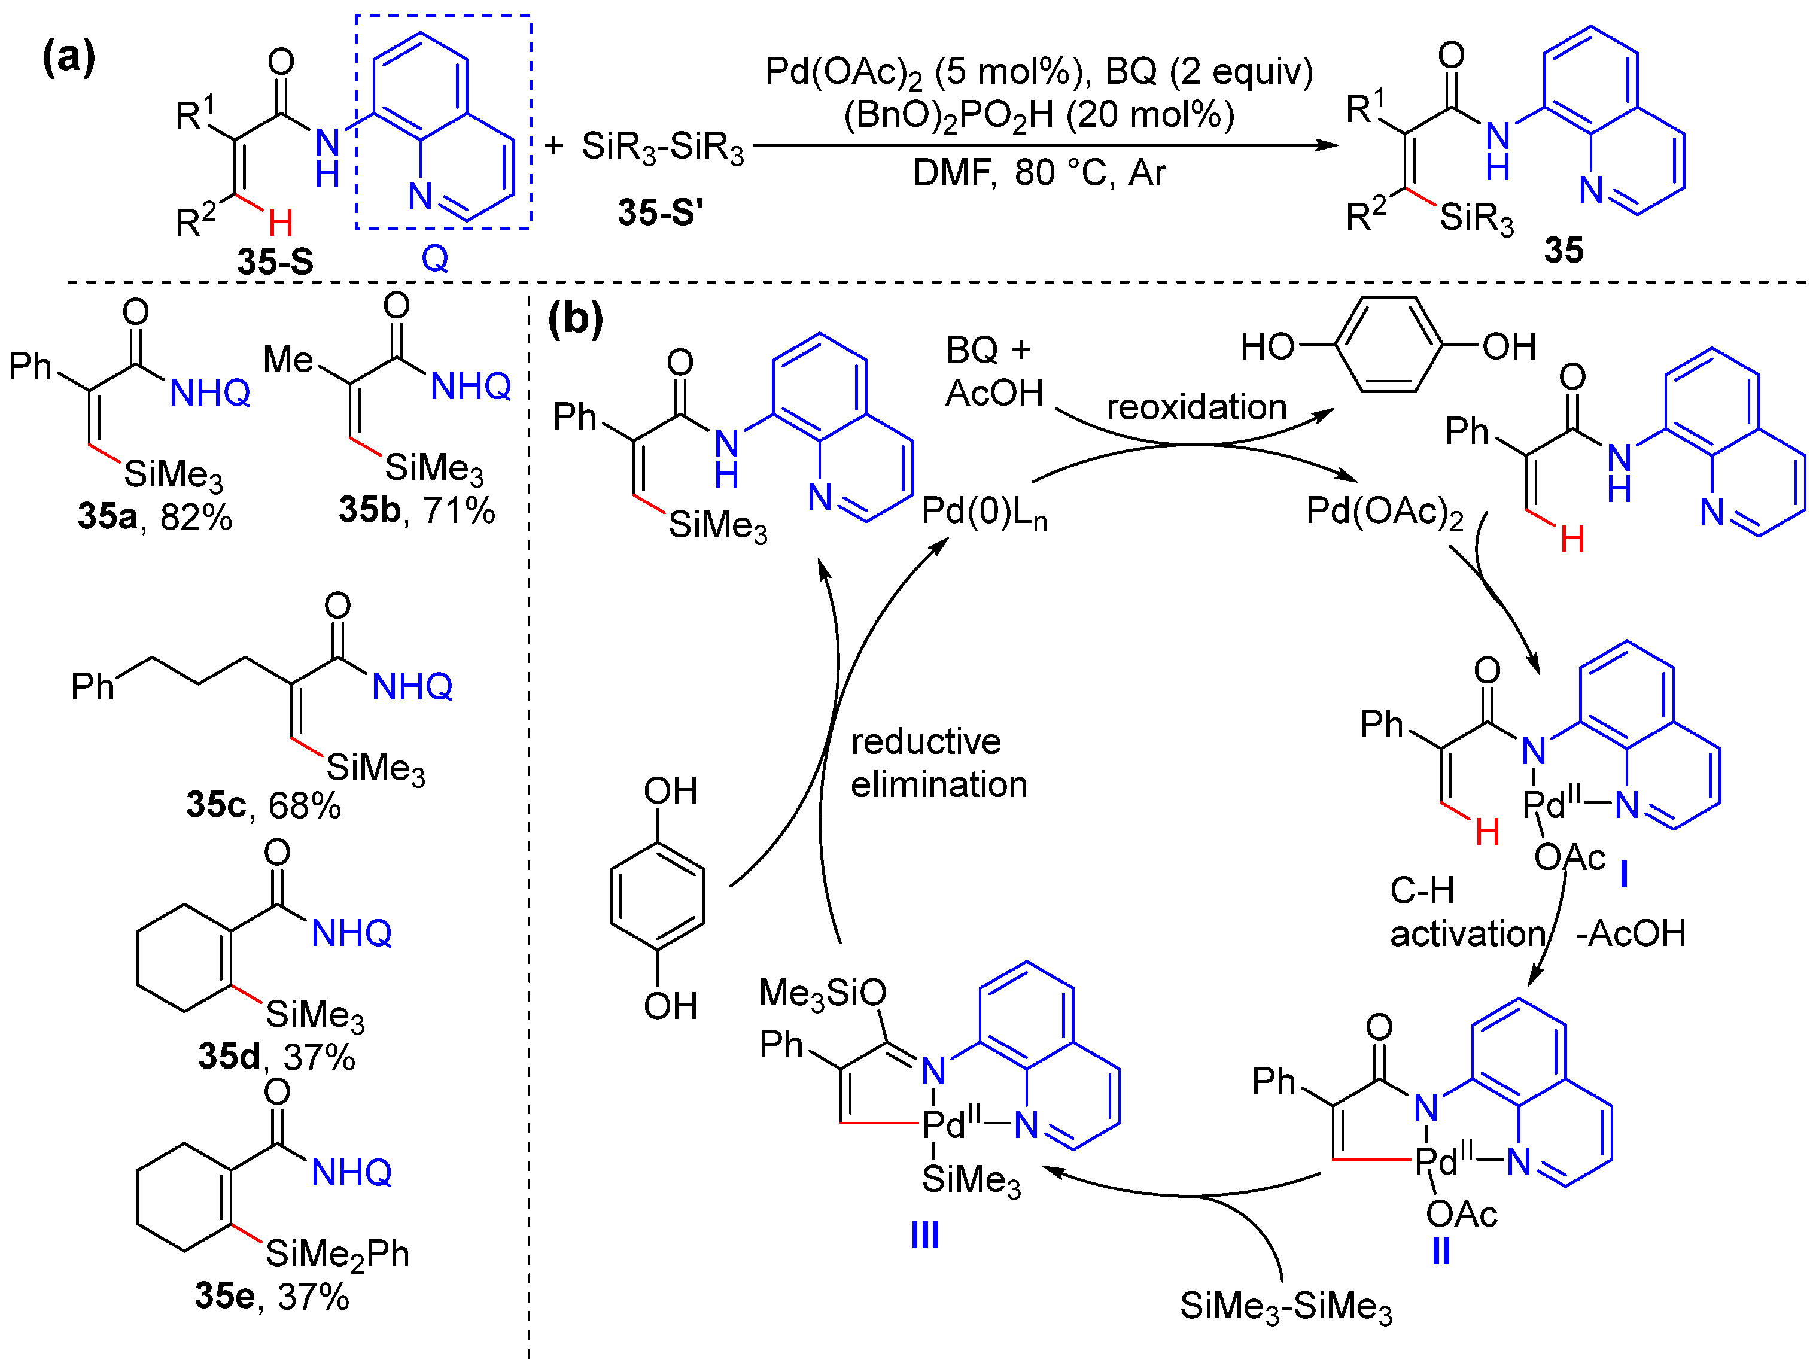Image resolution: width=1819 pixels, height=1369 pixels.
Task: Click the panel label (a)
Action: [x=68, y=57]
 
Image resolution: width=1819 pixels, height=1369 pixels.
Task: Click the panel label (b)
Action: [x=576, y=318]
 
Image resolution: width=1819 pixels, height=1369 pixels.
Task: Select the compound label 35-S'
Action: [x=661, y=213]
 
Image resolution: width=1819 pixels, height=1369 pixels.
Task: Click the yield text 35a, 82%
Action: [x=154, y=517]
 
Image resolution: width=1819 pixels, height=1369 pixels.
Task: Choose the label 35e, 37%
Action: [x=272, y=1297]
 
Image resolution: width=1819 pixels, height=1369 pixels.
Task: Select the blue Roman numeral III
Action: [x=925, y=1235]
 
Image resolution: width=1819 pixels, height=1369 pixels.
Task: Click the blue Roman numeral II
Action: [x=1441, y=1251]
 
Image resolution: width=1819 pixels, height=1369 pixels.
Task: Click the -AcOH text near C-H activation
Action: [x=1630, y=934]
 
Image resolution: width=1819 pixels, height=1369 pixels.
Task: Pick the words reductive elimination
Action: [x=938, y=763]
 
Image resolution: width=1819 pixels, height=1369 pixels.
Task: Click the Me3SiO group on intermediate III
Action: [x=822, y=993]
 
